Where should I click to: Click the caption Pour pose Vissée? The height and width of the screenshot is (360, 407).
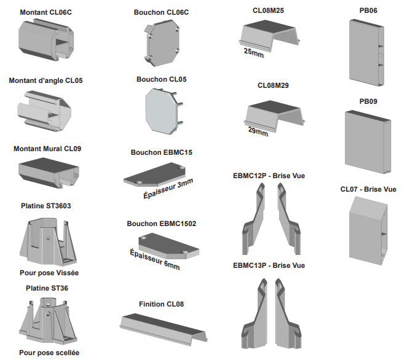(49, 272)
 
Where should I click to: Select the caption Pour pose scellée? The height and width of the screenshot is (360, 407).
(49, 353)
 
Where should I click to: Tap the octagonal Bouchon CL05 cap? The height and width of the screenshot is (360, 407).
(161, 110)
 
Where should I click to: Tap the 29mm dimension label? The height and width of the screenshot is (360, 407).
(258, 131)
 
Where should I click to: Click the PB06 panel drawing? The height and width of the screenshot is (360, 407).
(368, 53)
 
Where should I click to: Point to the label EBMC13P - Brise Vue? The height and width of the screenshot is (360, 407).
(269, 265)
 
